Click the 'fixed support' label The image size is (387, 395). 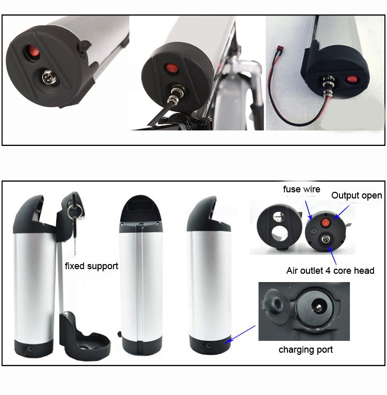click(91, 266)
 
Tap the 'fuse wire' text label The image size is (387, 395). click(301, 189)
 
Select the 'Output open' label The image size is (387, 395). click(357, 195)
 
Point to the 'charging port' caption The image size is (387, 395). click(305, 350)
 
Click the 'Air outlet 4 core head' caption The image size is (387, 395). click(330, 271)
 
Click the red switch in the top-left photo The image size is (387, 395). click(34, 52)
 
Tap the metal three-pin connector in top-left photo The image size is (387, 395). click(49, 77)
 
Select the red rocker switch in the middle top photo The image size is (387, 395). click(171, 68)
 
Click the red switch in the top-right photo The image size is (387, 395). click(351, 80)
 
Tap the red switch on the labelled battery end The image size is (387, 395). click(325, 223)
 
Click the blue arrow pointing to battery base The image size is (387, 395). click(240, 334)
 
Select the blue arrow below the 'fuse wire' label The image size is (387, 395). click(309, 210)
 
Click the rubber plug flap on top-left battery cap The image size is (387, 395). click(85, 46)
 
